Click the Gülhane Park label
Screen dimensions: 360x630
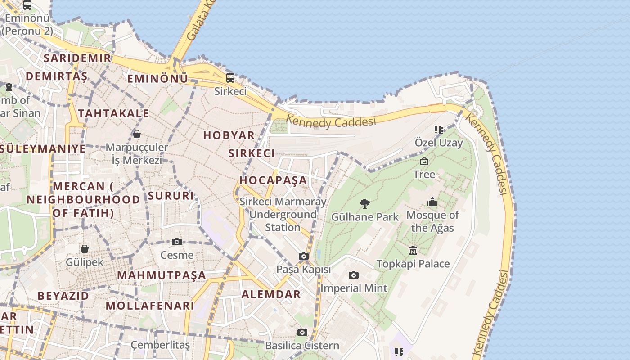coord(365,217)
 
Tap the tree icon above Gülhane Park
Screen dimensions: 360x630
coord(365,204)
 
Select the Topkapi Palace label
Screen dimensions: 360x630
coord(413,264)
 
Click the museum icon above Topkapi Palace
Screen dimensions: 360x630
coord(413,251)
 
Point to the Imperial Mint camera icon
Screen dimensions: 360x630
coord(354,275)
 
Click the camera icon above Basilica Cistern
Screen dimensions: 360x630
coord(302,333)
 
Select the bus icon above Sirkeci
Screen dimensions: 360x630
coord(230,77)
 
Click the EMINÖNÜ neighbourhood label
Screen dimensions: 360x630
coord(157,79)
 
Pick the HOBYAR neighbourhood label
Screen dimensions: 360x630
coord(229,135)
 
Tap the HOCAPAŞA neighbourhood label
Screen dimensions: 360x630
coord(273,180)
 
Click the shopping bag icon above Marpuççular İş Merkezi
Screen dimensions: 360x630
coord(137,134)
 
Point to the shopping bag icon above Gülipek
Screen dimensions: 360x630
coord(84,249)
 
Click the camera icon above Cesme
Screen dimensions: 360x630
coord(177,242)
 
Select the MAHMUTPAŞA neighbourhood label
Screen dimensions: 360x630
coord(162,275)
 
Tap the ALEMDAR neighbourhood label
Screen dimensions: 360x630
coord(271,294)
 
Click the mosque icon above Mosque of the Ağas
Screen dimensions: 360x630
coord(432,202)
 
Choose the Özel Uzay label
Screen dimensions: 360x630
coord(438,143)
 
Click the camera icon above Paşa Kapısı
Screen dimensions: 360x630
coord(304,256)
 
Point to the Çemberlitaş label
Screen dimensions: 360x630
coord(160,345)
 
